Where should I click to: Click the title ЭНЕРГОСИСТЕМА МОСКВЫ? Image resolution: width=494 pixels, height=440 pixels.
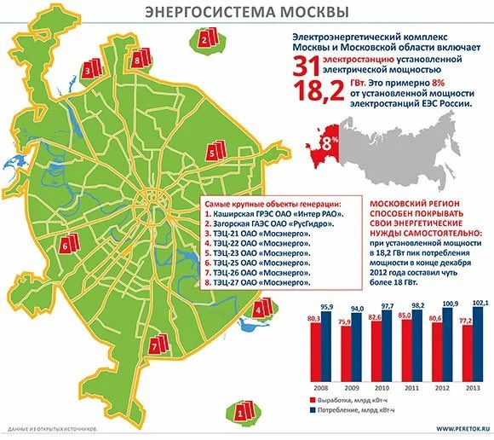click(x=246, y=12)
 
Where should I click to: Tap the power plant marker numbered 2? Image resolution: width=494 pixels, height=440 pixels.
click(x=206, y=38)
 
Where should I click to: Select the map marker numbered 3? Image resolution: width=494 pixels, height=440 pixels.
click(x=89, y=68)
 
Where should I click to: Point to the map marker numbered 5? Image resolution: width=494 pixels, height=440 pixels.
click(x=212, y=153)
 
